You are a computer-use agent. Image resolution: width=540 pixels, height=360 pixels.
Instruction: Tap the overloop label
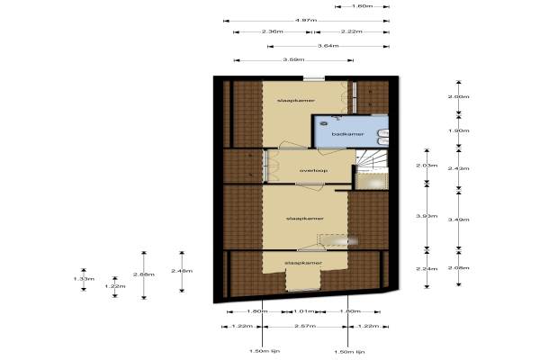(312, 169)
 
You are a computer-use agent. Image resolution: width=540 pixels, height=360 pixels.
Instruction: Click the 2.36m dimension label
(273, 32)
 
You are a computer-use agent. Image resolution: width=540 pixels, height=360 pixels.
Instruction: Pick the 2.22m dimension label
(352, 32)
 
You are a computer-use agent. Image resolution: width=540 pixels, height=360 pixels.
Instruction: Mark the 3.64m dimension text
(328, 46)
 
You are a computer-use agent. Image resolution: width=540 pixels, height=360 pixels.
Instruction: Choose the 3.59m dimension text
(292, 60)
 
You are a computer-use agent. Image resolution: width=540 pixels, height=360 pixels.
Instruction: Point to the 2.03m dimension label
(427, 166)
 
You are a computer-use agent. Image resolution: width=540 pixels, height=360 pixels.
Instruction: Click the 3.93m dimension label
(427, 216)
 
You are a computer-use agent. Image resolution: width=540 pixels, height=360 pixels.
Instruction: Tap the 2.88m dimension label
(142, 274)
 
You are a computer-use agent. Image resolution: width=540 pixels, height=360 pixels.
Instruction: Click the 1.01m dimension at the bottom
(303, 311)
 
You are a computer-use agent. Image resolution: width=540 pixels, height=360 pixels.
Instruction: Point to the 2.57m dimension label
(303, 325)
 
